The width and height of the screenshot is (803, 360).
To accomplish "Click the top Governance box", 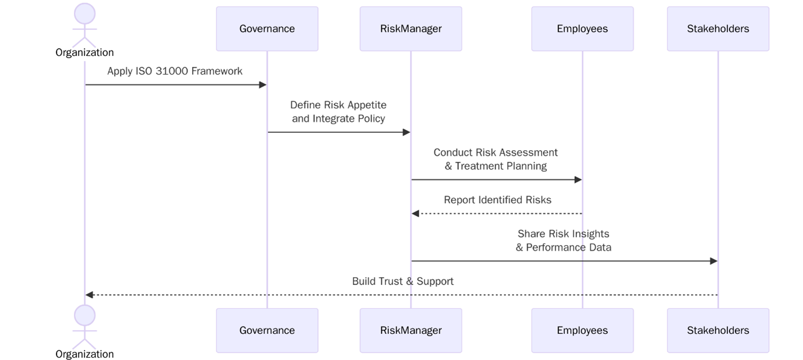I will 267,29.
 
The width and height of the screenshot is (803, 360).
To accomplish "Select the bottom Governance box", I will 267,330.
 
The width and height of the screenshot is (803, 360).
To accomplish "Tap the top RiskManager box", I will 411,29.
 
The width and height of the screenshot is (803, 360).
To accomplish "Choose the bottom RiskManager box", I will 411,330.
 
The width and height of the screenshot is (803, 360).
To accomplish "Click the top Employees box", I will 582,29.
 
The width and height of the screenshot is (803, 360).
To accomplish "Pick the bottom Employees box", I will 582,330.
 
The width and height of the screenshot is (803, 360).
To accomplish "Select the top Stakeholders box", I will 717,29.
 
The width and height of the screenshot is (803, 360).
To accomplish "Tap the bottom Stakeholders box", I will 717,330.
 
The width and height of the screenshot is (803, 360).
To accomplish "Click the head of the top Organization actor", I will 85,13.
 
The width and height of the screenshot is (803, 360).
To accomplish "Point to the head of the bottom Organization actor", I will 85,315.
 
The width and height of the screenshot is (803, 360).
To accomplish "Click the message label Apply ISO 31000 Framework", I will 175,71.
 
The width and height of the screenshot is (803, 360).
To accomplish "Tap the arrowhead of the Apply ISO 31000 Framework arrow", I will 263,85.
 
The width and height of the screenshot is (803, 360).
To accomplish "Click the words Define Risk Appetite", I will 338,105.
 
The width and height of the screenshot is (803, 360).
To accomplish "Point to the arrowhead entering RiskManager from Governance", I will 406,132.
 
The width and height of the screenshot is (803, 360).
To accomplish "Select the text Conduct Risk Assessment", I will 496,152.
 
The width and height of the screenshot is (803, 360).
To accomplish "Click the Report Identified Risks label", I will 497,200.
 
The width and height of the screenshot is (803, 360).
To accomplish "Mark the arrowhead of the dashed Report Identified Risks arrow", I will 415,214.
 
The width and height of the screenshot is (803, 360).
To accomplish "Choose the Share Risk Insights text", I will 563,234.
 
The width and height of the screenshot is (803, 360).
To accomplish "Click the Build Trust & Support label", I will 402,281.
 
